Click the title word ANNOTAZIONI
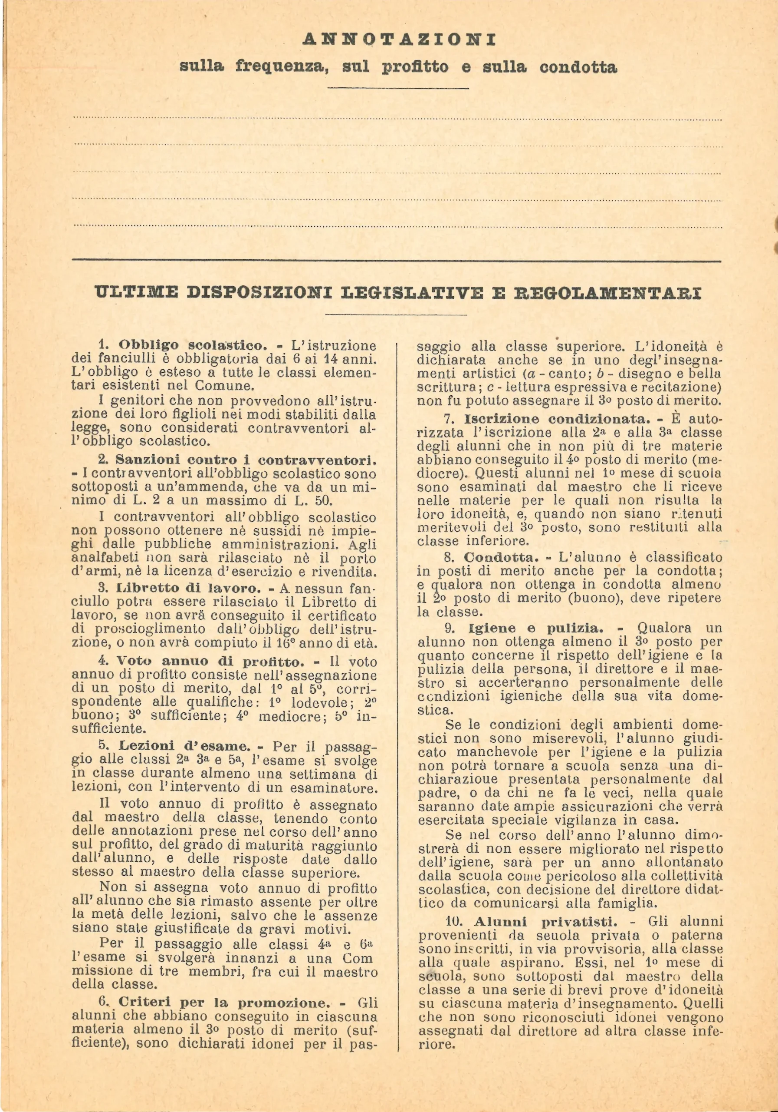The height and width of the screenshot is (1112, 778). pos(399,39)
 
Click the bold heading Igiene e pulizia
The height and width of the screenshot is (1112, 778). pos(536,629)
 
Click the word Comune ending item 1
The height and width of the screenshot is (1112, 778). pos(224,386)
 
